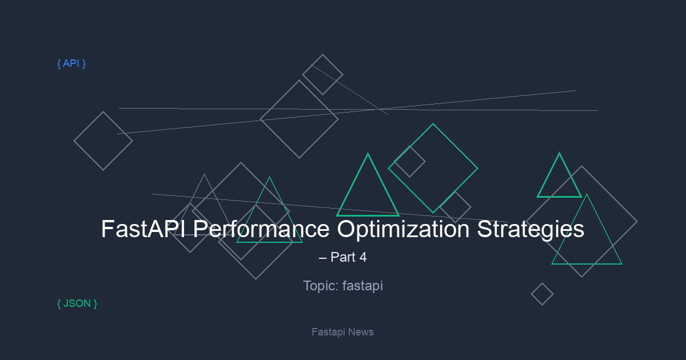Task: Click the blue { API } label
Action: (71, 63)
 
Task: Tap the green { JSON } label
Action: (77, 303)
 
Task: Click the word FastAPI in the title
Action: (143, 229)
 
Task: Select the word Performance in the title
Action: (261, 229)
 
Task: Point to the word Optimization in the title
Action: (404, 230)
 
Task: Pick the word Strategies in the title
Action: (531, 230)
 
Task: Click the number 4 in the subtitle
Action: (363, 257)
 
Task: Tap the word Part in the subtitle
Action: (343, 257)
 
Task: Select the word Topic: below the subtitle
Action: (321, 286)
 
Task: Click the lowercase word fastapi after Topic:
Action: (362, 286)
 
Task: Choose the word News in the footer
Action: (361, 332)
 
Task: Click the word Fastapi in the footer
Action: (328, 332)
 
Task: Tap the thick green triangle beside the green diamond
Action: (352, 184)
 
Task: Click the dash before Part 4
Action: (322, 258)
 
